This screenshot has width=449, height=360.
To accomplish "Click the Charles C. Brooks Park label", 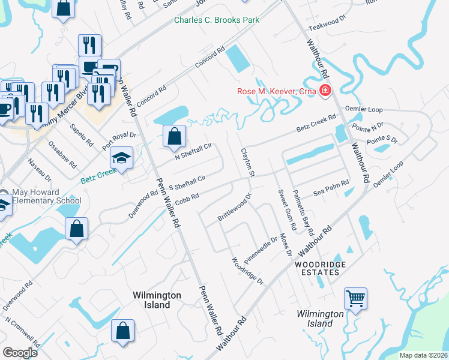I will [x=217, y=20].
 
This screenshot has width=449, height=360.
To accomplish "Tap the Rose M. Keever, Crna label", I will [x=276, y=91].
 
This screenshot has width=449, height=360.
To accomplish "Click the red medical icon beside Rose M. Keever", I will [x=325, y=91].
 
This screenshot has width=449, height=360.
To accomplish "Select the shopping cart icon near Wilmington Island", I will [x=355, y=298].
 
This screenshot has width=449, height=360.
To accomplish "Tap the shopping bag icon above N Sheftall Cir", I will [x=173, y=136].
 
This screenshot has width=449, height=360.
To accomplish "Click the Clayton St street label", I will [x=248, y=163].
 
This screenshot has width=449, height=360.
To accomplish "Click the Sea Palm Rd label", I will [x=331, y=188].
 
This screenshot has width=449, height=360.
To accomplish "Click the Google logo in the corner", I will [x=20, y=353].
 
